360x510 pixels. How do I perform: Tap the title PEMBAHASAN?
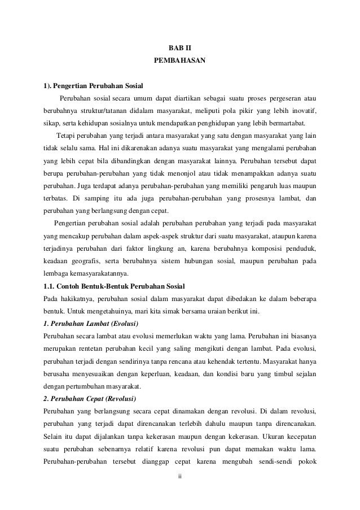[179, 59]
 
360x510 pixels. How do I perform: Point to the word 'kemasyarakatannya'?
[96, 274]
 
